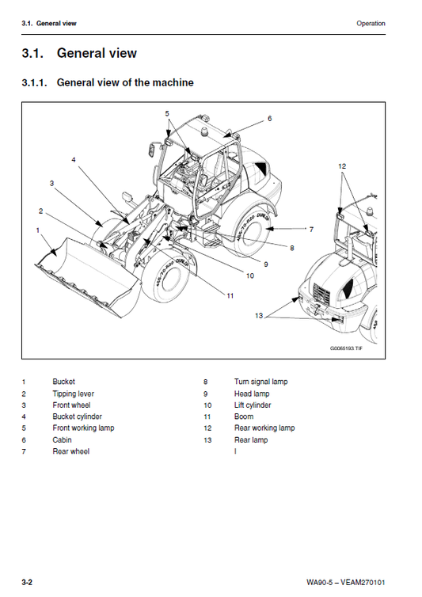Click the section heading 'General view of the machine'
tap(124, 82)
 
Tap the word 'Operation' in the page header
tap(371, 24)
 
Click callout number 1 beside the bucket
tap(37, 230)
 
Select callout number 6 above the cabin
tap(269, 119)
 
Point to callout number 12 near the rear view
tap(342, 166)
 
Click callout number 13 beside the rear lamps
tap(258, 316)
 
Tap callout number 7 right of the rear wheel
tap(311, 229)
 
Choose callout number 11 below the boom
tap(230, 295)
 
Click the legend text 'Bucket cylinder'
tap(77, 416)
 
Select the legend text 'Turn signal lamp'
tap(260, 382)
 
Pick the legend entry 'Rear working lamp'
tap(264, 428)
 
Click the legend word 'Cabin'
tap(62, 439)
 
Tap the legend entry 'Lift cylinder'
tap(252, 405)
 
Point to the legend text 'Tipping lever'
tap(73, 394)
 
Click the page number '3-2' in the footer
tap(27, 583)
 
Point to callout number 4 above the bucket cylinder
tap(74, 159)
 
